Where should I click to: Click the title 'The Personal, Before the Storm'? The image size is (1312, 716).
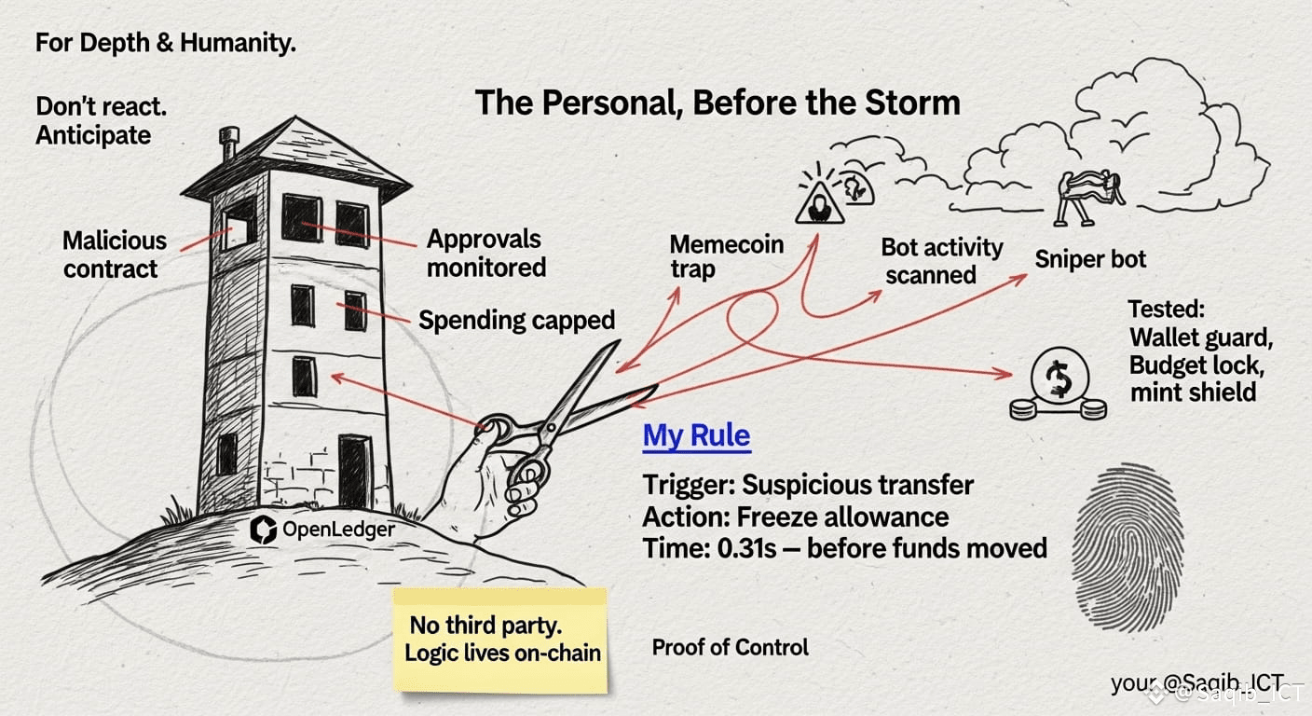(x=717, y=103)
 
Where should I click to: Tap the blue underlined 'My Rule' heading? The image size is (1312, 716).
(x=696, y=436)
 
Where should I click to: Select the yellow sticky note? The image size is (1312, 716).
(x=501, y=640)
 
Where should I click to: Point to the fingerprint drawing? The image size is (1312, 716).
(x=1128, y=548)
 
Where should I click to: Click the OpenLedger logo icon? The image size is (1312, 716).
(x=263, y=530)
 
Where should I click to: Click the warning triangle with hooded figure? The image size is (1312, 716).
(x=819, y=202)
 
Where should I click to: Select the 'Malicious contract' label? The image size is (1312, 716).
(x=115, y=255)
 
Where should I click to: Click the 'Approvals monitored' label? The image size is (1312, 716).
(x=486, y=254)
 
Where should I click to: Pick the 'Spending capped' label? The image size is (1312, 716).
(x=516, y=321)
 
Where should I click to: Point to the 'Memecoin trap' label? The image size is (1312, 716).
(x=726, y=256)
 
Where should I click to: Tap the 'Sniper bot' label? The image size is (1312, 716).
(x=1090, y=259)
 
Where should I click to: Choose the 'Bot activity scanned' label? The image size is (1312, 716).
(x=941, y=261)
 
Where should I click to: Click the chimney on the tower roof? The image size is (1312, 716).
(x=228, y=143)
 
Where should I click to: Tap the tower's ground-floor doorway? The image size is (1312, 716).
(x=355, y=471)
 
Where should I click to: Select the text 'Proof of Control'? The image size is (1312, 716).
(x=730, y=647)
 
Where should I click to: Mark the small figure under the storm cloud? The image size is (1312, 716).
(x=1090, y=198)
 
